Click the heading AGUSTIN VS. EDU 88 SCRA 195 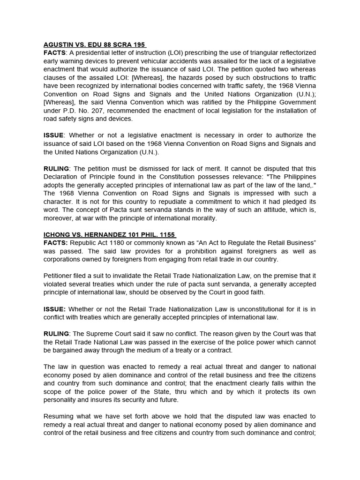pos(95,45)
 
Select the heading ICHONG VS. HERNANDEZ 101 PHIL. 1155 pos(110,234)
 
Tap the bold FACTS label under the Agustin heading pos(55,52)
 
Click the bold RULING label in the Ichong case pos(56,334)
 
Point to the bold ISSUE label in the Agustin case pos(54,135)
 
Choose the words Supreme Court pos(108,334)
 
